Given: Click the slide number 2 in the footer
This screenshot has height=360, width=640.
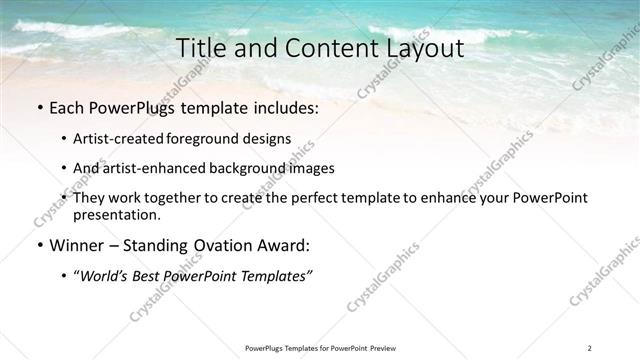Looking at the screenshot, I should pos(590,347).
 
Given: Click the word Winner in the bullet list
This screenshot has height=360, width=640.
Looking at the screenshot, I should pos(73,245).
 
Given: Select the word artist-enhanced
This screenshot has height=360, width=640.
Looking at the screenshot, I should pos(150,168).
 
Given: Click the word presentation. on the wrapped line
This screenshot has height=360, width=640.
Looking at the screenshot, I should pos(117,215).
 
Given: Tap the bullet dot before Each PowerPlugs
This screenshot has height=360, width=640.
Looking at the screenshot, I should pos(38,108).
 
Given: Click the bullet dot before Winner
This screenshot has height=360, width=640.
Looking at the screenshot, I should pos(38,245).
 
